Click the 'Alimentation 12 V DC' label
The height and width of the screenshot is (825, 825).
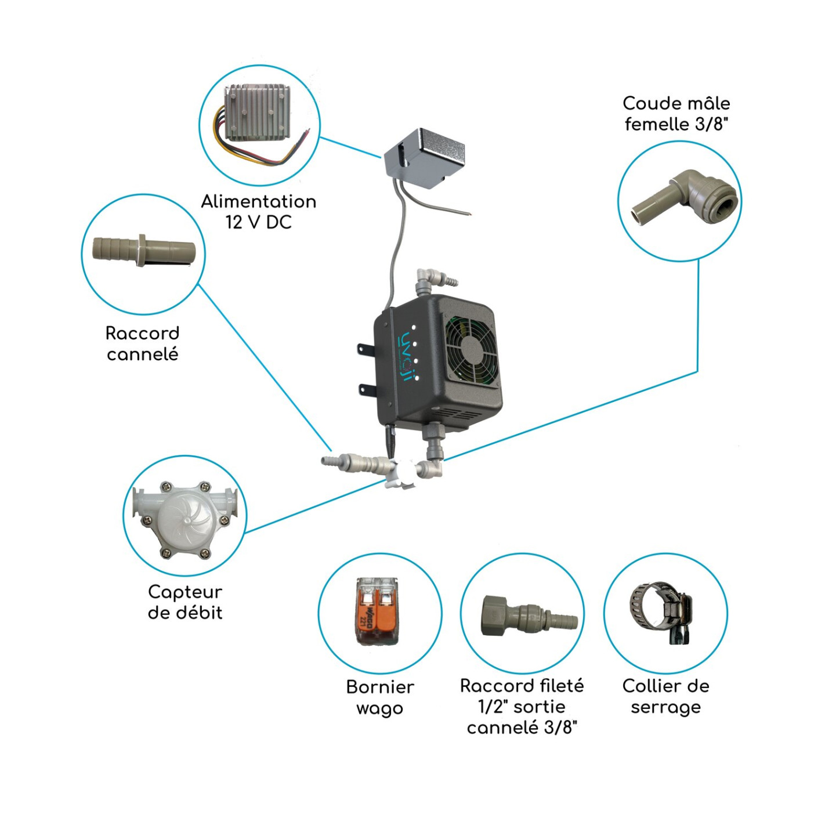[259, 212]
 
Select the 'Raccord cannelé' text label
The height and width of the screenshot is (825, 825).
[143, 343]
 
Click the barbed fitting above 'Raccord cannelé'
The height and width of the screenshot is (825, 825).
[144, 252]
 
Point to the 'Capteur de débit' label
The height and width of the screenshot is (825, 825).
[185, 602]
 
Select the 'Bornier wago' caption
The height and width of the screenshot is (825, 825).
[380, 697]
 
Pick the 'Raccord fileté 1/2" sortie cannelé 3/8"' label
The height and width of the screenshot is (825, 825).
[522, 706]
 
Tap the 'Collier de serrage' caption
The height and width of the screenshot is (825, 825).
[665, 696]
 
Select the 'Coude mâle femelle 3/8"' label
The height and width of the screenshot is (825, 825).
[676, 114]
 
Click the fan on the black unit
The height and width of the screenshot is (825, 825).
[471, 349]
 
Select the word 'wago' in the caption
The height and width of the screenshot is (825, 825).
[379, 708]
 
